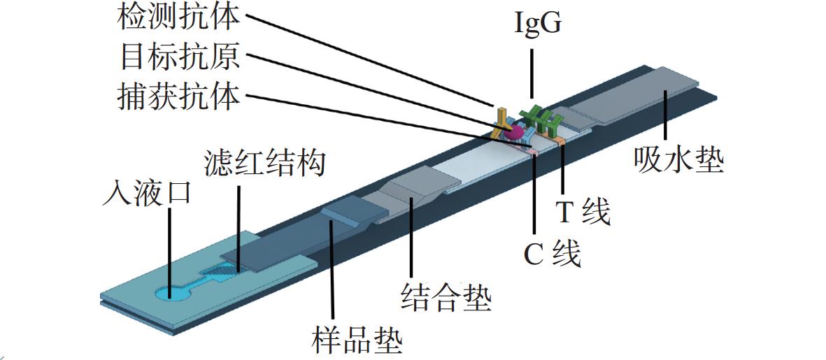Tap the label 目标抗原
(180, 57)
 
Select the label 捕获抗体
(178, 97)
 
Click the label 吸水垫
(679, 159)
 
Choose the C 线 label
(551, 254)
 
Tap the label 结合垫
(446, 297)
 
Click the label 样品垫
(357, 340)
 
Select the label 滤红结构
(264, 163)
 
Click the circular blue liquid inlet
(172, 293)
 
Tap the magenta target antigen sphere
(515, 131)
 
